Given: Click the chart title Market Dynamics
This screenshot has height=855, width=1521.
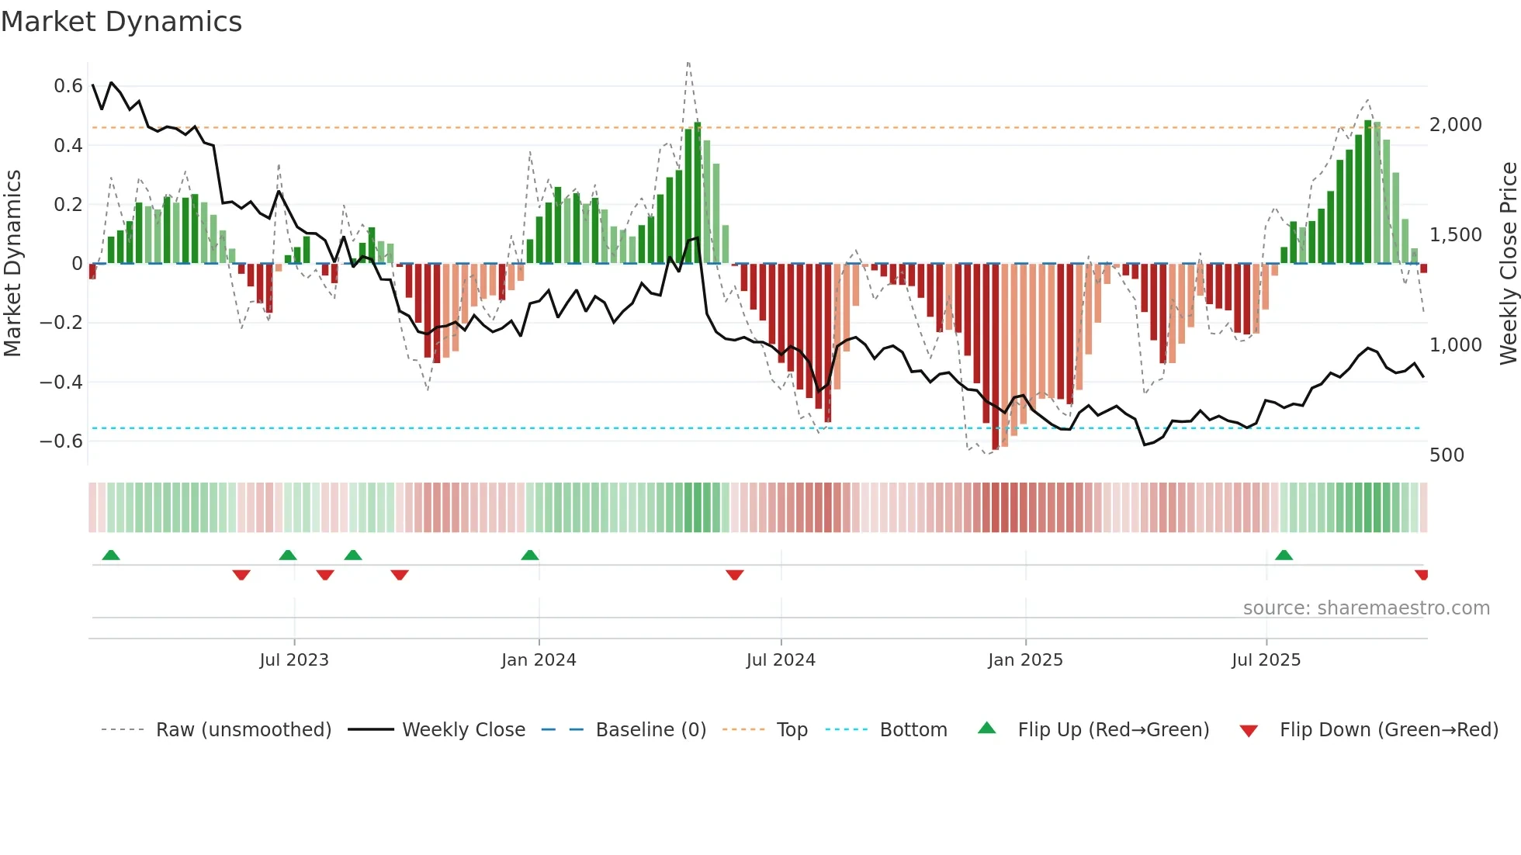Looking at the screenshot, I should (121, 22).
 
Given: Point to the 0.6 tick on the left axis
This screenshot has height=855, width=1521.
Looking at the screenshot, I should (68, 85).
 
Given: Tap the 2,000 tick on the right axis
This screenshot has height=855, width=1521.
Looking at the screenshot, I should (1455, 125).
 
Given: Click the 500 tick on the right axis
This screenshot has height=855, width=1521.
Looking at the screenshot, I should (1447, 455).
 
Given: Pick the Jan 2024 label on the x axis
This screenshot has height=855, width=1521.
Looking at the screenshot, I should (539, 660).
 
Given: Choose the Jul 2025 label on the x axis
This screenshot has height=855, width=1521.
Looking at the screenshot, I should (1266, 660).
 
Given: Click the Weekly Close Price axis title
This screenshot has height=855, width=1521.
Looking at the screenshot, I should (1508, 264).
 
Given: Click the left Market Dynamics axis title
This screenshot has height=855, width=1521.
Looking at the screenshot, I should (12, 264).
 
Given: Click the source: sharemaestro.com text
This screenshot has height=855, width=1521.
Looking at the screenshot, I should (1366, 608).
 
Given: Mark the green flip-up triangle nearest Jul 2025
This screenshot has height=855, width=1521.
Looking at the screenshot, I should (1284, 555).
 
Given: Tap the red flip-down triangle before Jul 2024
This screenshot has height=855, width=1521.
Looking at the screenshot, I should (734, 575).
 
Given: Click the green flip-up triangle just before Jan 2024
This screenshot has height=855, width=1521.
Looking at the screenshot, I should (529, 555).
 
